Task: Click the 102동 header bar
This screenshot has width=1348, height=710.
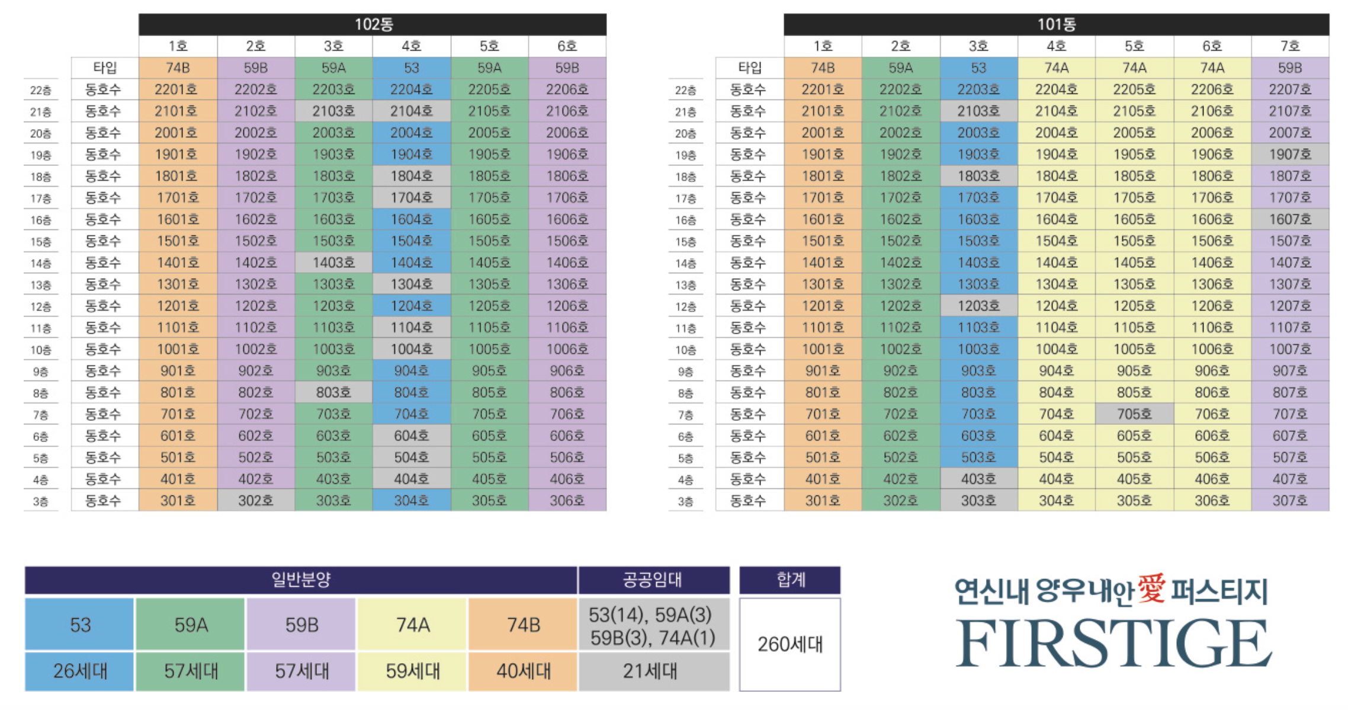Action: pyautogui.click(x=373, y=24)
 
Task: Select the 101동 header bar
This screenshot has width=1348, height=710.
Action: pyautogui.click(x=1056, y=24)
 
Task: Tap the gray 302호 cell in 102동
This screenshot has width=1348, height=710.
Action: pyautogui.click(x=256, y=501)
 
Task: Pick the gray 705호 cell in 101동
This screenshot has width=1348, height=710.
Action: pyautogui.click(x=1134, y=414)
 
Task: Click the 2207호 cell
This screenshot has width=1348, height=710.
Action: pyautogui.click(x=1290, y=89)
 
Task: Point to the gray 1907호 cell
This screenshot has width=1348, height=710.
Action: pyautogui.click(x=1290, y=155)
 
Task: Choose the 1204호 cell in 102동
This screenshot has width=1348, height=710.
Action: pyautogui.click(x=412, y=306)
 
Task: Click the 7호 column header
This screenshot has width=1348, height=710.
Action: pyautogui.click(x=1290, y=46)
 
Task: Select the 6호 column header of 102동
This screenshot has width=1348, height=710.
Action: pyautogui.click(x=567, y=46)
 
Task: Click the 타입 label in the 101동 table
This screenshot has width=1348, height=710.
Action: pyautogui.click(x=750, y=68)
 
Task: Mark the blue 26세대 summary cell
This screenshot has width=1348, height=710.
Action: pyautogui.click(x=79, y=671)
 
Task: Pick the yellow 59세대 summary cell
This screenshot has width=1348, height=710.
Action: pyautogui.click(x=413, y=671)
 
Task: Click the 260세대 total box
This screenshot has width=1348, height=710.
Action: pyautogui.click(x=790, y=644)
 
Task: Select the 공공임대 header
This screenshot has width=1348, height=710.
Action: pyautogui.click(x=653, y=580)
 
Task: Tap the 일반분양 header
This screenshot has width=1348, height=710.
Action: pyautogui.click(x=301, y=580)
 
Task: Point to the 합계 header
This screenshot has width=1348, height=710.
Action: pyautogui.click(x=790, y=580)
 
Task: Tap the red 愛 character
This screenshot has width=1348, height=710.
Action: pyautogui.click(x=1151, y=589)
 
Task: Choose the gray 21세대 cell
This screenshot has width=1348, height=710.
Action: pyautogui.click(x=653, y=671)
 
